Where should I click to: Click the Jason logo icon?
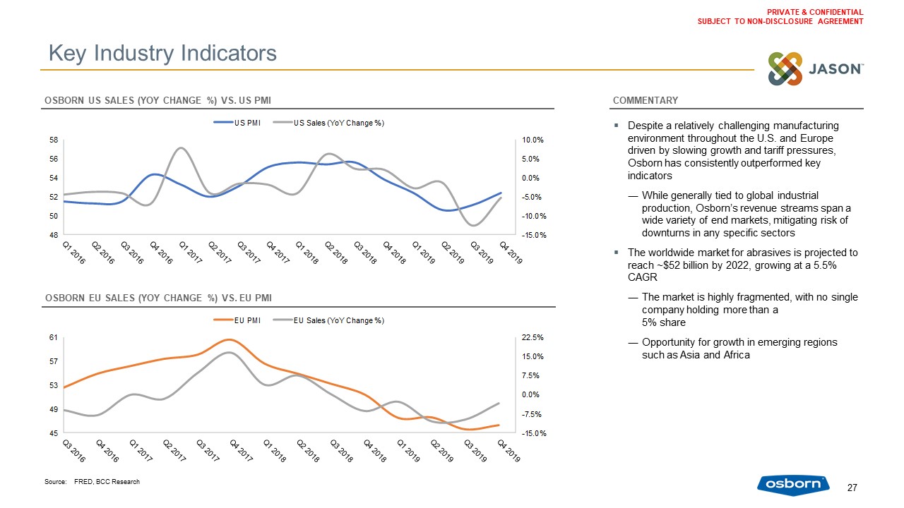(785, 69)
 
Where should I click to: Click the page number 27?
(852, 488)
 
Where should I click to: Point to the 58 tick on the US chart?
(54, 140)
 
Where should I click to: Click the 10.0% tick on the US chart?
(535, 140)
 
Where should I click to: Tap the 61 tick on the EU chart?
(54, 338)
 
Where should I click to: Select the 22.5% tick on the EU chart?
(533, 338)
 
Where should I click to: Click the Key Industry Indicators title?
(162, 53)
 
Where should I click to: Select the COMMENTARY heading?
(646, 100)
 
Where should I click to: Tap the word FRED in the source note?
(83, 482)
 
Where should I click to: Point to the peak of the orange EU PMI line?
(228, 339)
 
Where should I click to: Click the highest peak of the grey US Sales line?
(182, 147)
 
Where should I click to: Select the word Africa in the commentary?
(734, 355)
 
